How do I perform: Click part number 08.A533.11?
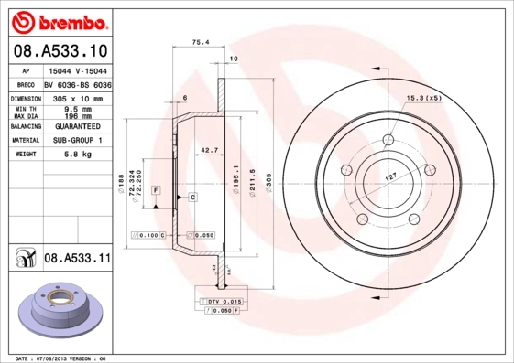point(77,259)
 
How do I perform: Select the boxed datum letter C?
point(193,197)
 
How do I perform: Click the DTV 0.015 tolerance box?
point(223,301)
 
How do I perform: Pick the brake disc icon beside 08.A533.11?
point(23,259)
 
